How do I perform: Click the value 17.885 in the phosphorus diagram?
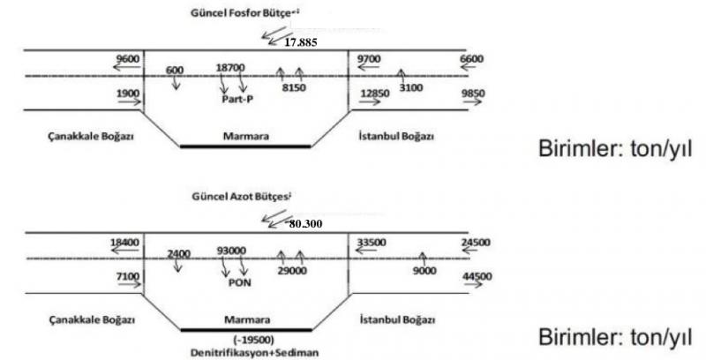click(x=302, y=41)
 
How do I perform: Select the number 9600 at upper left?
click(x=129, y=58)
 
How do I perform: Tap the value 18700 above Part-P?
click(x=230, y=67)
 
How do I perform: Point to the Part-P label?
click(x=238, y=100)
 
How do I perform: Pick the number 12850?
click(x=374, y=94)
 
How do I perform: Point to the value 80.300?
click(x=306, y=223)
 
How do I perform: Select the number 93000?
click(x=231, y=251)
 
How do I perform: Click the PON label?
click(x=240, y=284)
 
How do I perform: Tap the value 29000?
click(x=290, y=273)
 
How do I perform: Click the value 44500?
click(x=476, y=277)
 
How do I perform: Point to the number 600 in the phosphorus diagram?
click(x=175, y=71)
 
